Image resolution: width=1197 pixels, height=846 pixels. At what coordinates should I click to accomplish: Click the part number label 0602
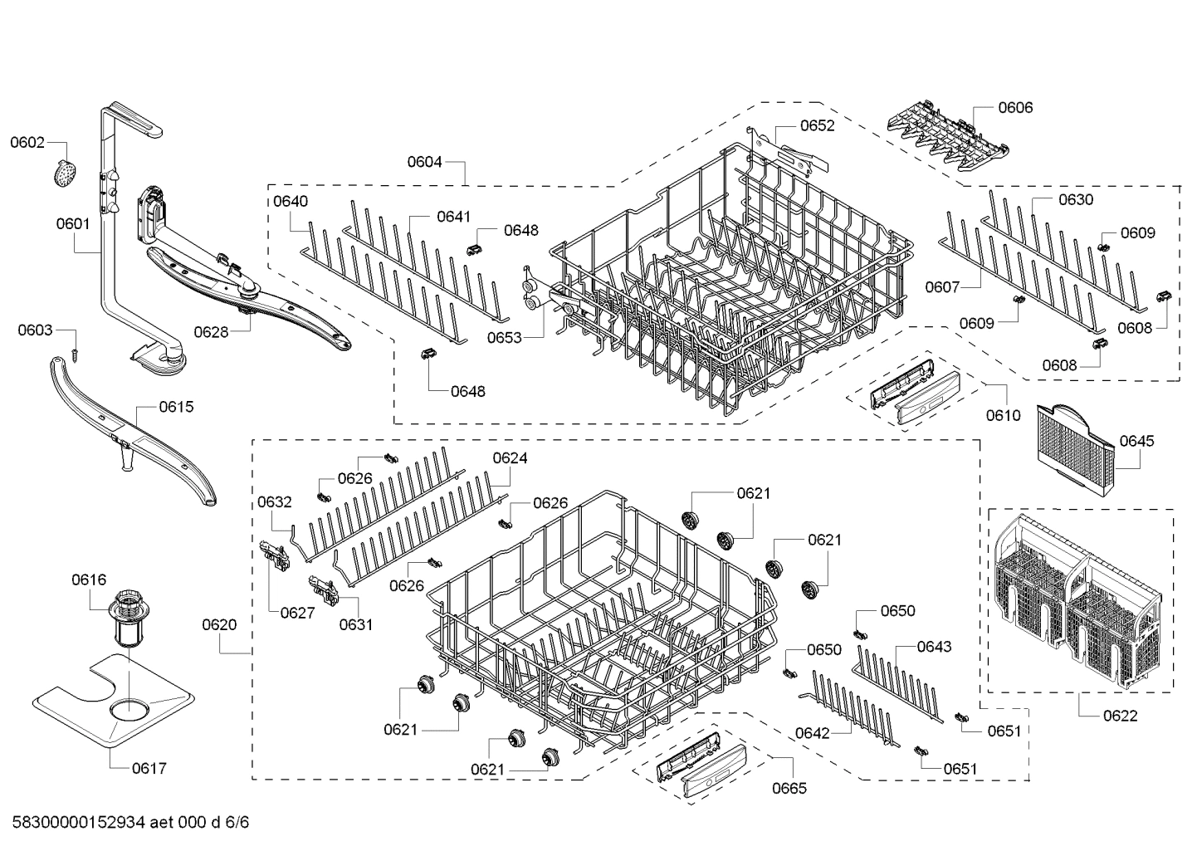coord(27,142)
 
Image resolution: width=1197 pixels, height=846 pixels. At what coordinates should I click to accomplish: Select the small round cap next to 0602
coord(62,174)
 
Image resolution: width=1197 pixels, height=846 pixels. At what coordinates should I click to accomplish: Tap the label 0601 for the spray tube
coord(73,223)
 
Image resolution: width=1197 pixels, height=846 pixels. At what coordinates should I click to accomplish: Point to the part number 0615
coord(176,407)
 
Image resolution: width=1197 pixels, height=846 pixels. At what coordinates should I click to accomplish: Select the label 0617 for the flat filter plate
coord(149,768)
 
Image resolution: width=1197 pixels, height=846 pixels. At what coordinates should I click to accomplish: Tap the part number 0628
coord(211,332)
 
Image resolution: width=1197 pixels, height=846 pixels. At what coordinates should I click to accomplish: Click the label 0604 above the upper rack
coord(424,163)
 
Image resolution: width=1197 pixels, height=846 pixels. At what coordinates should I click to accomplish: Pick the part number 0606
coord(1015,107)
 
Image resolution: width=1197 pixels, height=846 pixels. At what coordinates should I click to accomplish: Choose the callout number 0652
coord(817,126)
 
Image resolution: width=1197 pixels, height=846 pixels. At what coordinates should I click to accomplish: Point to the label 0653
coord(504,337)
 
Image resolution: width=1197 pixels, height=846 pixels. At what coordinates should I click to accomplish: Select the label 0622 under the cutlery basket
coord(1120,716)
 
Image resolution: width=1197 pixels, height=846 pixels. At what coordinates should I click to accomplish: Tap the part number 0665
coord(789,788)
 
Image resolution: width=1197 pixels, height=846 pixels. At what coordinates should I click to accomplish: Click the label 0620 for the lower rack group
coord(219,624)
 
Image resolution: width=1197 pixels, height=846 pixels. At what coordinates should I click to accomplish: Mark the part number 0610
coord(1003,415)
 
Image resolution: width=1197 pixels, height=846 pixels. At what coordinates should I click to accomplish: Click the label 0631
coord(355,624)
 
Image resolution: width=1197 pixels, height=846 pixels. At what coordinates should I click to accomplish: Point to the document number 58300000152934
coord(80,823)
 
